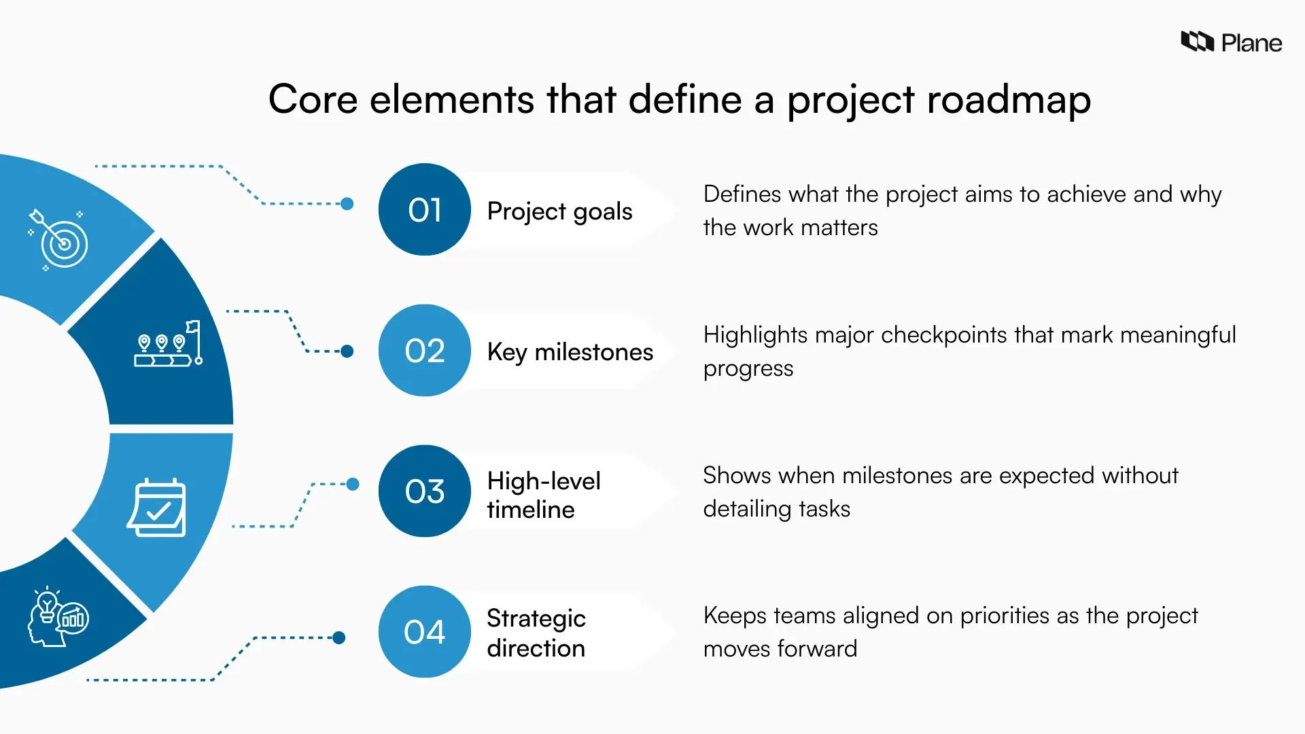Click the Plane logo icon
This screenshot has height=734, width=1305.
click(1197, 41)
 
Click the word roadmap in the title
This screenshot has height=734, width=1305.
click(1009, 99)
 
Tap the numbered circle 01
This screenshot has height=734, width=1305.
click(425, 209)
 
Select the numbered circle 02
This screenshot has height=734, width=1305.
click(425, 351)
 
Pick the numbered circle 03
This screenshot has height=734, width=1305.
click(425, 491)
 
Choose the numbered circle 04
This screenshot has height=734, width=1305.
click(425, 632)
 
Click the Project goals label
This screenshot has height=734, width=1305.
click(559, 211)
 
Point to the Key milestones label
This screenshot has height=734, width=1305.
click(570, 352)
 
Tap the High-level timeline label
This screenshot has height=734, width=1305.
click(544, 495)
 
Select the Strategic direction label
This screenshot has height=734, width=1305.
click(536, 633)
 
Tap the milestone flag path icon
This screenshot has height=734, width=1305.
click(168, 343)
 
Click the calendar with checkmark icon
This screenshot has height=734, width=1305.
click(157, 508)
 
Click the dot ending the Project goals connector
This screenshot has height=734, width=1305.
click(347, 204)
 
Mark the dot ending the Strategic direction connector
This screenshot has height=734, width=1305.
click(338, 637)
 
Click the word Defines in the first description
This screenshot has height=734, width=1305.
click(742, 194)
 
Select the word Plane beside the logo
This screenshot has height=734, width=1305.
click(1251, 43)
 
